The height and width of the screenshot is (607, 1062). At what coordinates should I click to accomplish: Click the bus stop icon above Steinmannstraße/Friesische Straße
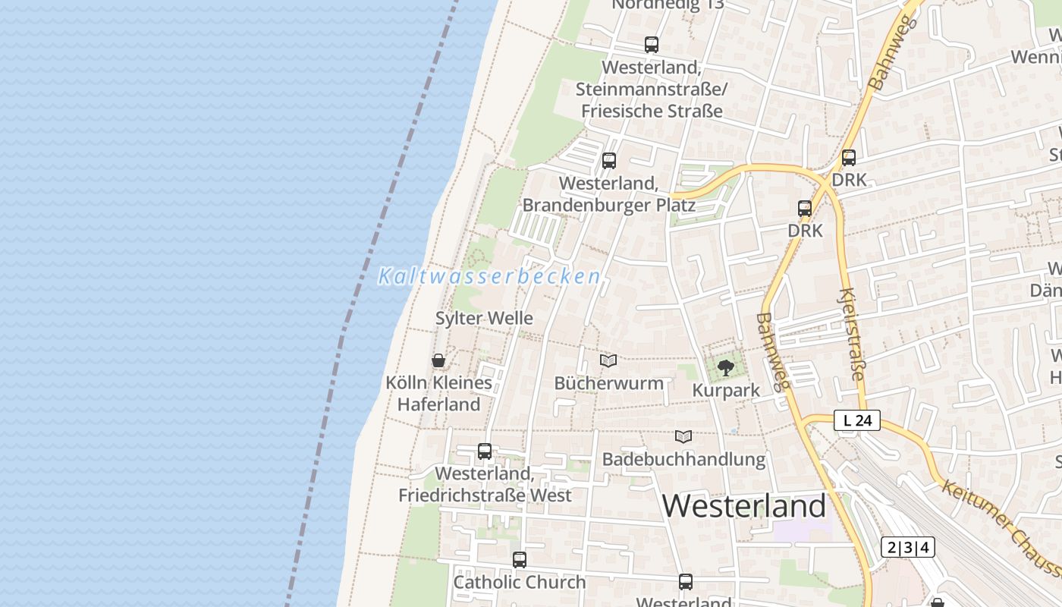[x=652, y=45]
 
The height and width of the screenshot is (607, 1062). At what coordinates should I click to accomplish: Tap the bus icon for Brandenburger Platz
[x=609, y=161]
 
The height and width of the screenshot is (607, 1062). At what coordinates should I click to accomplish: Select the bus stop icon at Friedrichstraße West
[x=485, y=451]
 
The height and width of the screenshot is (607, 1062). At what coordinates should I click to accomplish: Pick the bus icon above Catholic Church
[x=520, y=560]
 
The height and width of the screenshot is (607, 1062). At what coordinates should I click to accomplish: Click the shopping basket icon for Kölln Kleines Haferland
[x=438, y=360]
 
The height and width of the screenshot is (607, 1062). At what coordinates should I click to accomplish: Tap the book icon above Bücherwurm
[x=608, y=360]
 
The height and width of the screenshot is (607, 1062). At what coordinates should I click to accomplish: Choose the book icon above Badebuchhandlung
[x=683, y=436]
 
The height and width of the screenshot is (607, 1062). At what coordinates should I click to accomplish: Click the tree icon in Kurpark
[x=726, y=368]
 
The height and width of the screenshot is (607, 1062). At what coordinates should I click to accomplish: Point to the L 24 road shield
[x=857, y=420]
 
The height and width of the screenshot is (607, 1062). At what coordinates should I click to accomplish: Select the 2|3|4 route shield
[x=908, y=547]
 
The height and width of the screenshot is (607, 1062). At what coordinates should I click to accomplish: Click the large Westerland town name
[x=744, y=506]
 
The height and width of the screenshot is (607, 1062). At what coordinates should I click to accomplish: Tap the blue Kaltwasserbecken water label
[x=490, y=276]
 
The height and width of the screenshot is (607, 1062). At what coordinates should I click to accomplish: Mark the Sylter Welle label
[x=484, y=319]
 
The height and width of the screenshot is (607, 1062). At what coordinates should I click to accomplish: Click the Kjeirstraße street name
[x=853, y=333]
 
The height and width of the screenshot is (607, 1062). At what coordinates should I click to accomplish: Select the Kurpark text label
[x=726, y=391]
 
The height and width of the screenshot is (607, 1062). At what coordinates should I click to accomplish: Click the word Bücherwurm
[x=609, y=383]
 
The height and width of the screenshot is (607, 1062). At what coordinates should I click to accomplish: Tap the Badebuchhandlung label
[x=683, y=459]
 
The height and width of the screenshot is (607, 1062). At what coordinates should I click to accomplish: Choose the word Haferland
[x=439, y=404]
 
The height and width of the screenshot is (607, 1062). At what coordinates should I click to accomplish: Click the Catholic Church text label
[x=520, y=582]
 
